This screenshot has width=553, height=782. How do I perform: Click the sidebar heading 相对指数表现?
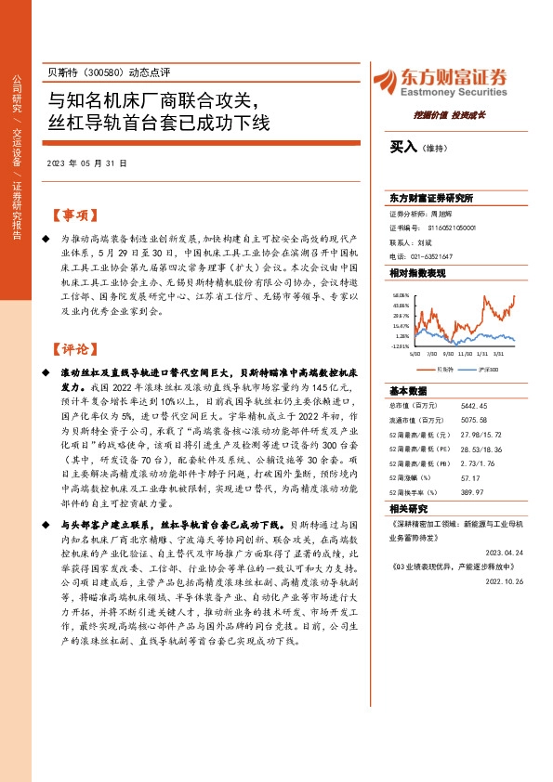pos(418,273)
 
